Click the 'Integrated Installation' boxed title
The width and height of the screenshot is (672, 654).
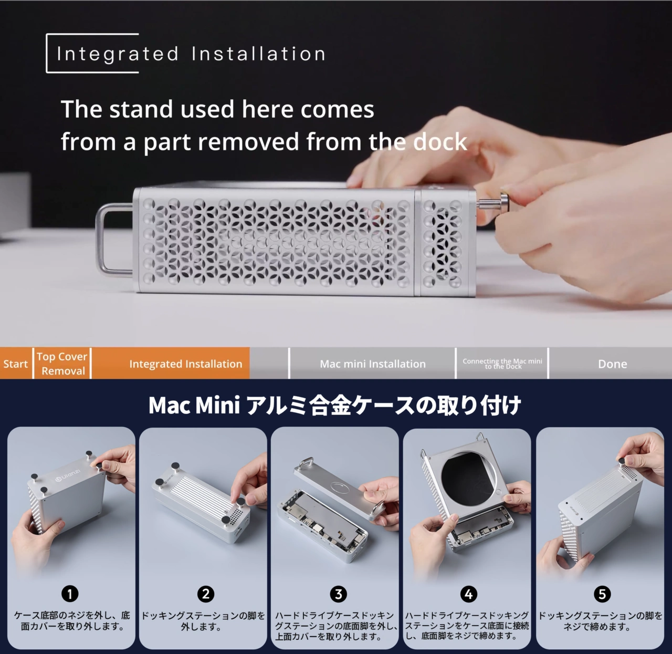[x=191, y=54]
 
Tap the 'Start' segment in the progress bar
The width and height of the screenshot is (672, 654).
[x=15, y=364]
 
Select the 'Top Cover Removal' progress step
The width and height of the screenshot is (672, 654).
[x=62, y=364]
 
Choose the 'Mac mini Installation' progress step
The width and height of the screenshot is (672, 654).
[x=372, y=364]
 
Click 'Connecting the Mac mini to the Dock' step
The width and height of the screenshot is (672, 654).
[x=502, y=364]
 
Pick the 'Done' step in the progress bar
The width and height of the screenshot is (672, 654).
[x=612, y=364]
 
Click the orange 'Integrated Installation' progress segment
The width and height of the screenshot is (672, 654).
[x=185, y=364]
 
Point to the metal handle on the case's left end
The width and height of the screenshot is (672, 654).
[x=111, y=240]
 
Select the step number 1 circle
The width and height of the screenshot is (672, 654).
[x=70, y=594]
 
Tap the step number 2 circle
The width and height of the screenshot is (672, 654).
[x=205, y=594]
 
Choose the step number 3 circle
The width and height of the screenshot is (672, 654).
[x=339, y=594]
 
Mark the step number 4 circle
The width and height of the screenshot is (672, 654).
[x=468, y=594]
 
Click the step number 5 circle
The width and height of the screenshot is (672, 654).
[x=602, y=594]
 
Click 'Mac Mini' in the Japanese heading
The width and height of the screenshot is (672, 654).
[x=194, y=406]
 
